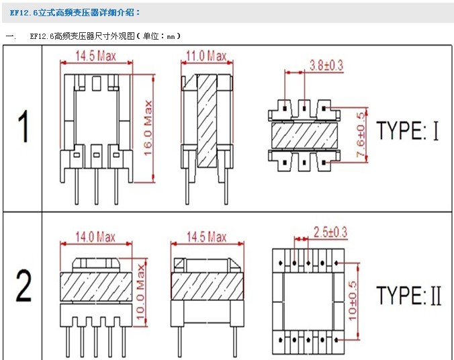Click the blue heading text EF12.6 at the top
tap(24, 13)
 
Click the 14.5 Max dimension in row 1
tap(96, 56)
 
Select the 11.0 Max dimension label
tap(206, 56)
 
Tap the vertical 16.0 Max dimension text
tap(148, 128)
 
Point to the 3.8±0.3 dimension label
tap(326, 65)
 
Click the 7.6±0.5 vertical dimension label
tap(361, 135)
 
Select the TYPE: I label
tap(408, 130)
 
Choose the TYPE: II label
tap(409, 296)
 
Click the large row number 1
tap(23, 126)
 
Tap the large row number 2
tap(23, 285)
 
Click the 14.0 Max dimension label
tap(95, 237)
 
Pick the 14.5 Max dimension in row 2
tap(206, 237)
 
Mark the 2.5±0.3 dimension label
tap(330, 232)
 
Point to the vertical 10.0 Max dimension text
tap(140, 292)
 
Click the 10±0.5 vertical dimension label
tap(353, 302)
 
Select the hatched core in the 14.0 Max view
tap(96, 286)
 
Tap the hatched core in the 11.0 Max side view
tap(208, 120)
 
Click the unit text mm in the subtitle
tap(171, 36)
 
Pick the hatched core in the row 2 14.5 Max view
tap(208, 286)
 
